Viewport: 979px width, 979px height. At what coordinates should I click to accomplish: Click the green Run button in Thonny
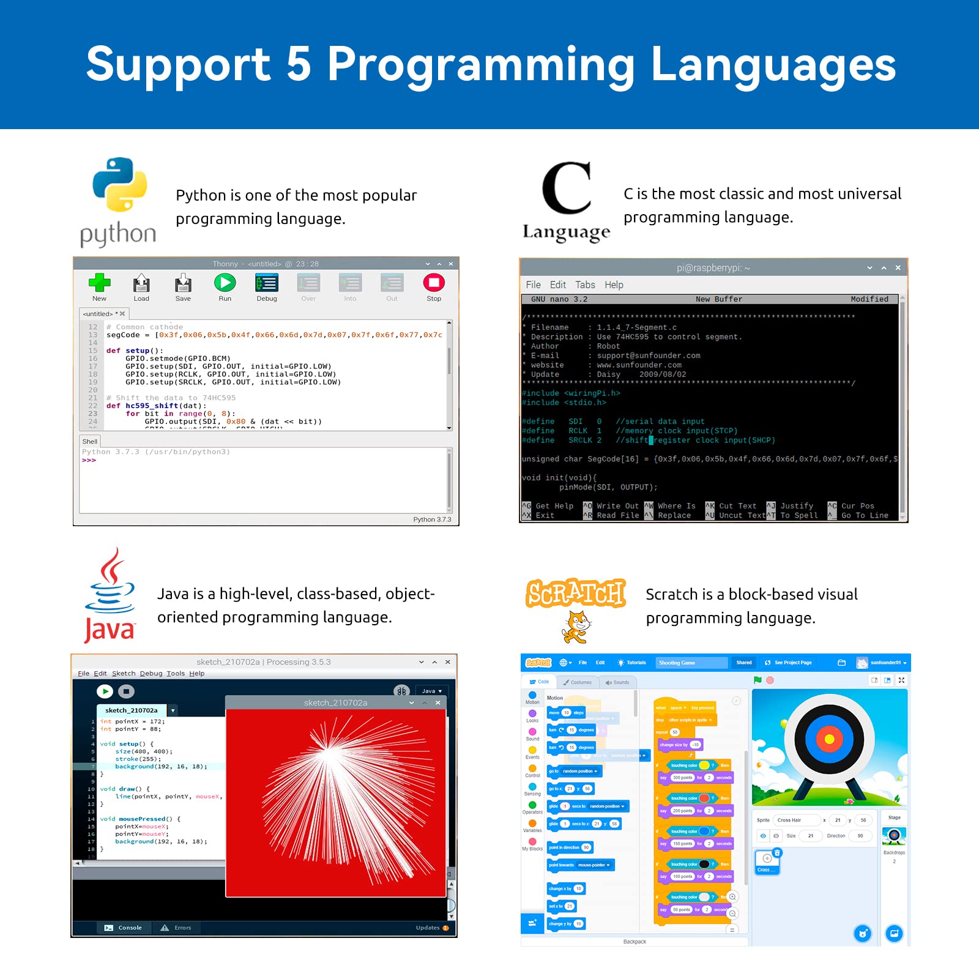[225, 283]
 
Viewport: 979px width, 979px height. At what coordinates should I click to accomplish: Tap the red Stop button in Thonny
[434, 283]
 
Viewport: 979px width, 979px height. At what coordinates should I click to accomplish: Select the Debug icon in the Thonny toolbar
[267, 283]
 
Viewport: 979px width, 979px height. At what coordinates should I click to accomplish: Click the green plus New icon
[99, 283]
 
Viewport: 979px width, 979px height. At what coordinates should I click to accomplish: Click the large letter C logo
[567, 188]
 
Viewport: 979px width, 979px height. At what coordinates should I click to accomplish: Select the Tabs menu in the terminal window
[585, 285]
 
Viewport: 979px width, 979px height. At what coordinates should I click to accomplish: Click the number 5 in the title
[299, 64]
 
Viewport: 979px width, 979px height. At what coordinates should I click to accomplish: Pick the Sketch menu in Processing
[124, 673]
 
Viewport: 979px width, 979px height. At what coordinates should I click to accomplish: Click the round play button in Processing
[105, 691]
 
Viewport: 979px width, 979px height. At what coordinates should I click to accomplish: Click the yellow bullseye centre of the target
[830, 739]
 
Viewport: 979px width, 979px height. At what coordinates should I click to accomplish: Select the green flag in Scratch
[758, 680]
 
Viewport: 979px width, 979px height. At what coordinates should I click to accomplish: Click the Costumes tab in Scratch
[578, 682]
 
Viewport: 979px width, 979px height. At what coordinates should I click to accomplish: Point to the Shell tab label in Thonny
[90, 441]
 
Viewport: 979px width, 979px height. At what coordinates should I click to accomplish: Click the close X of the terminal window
[898, 268]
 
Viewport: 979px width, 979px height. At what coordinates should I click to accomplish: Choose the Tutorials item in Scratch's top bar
[632, 663]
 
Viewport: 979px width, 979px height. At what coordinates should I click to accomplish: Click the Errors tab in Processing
[177, 928]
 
